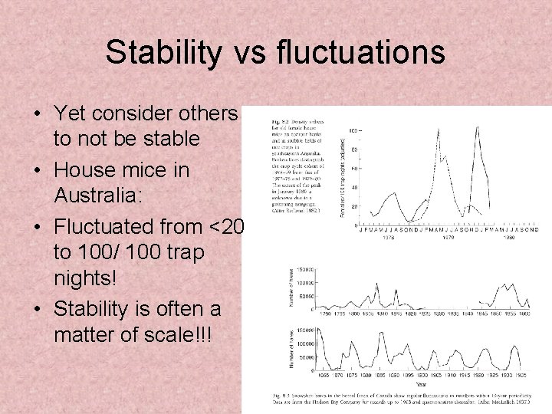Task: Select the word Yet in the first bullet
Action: coord(70,113)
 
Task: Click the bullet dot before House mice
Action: coord(37,169)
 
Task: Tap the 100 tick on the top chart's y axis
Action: coord(354,132)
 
